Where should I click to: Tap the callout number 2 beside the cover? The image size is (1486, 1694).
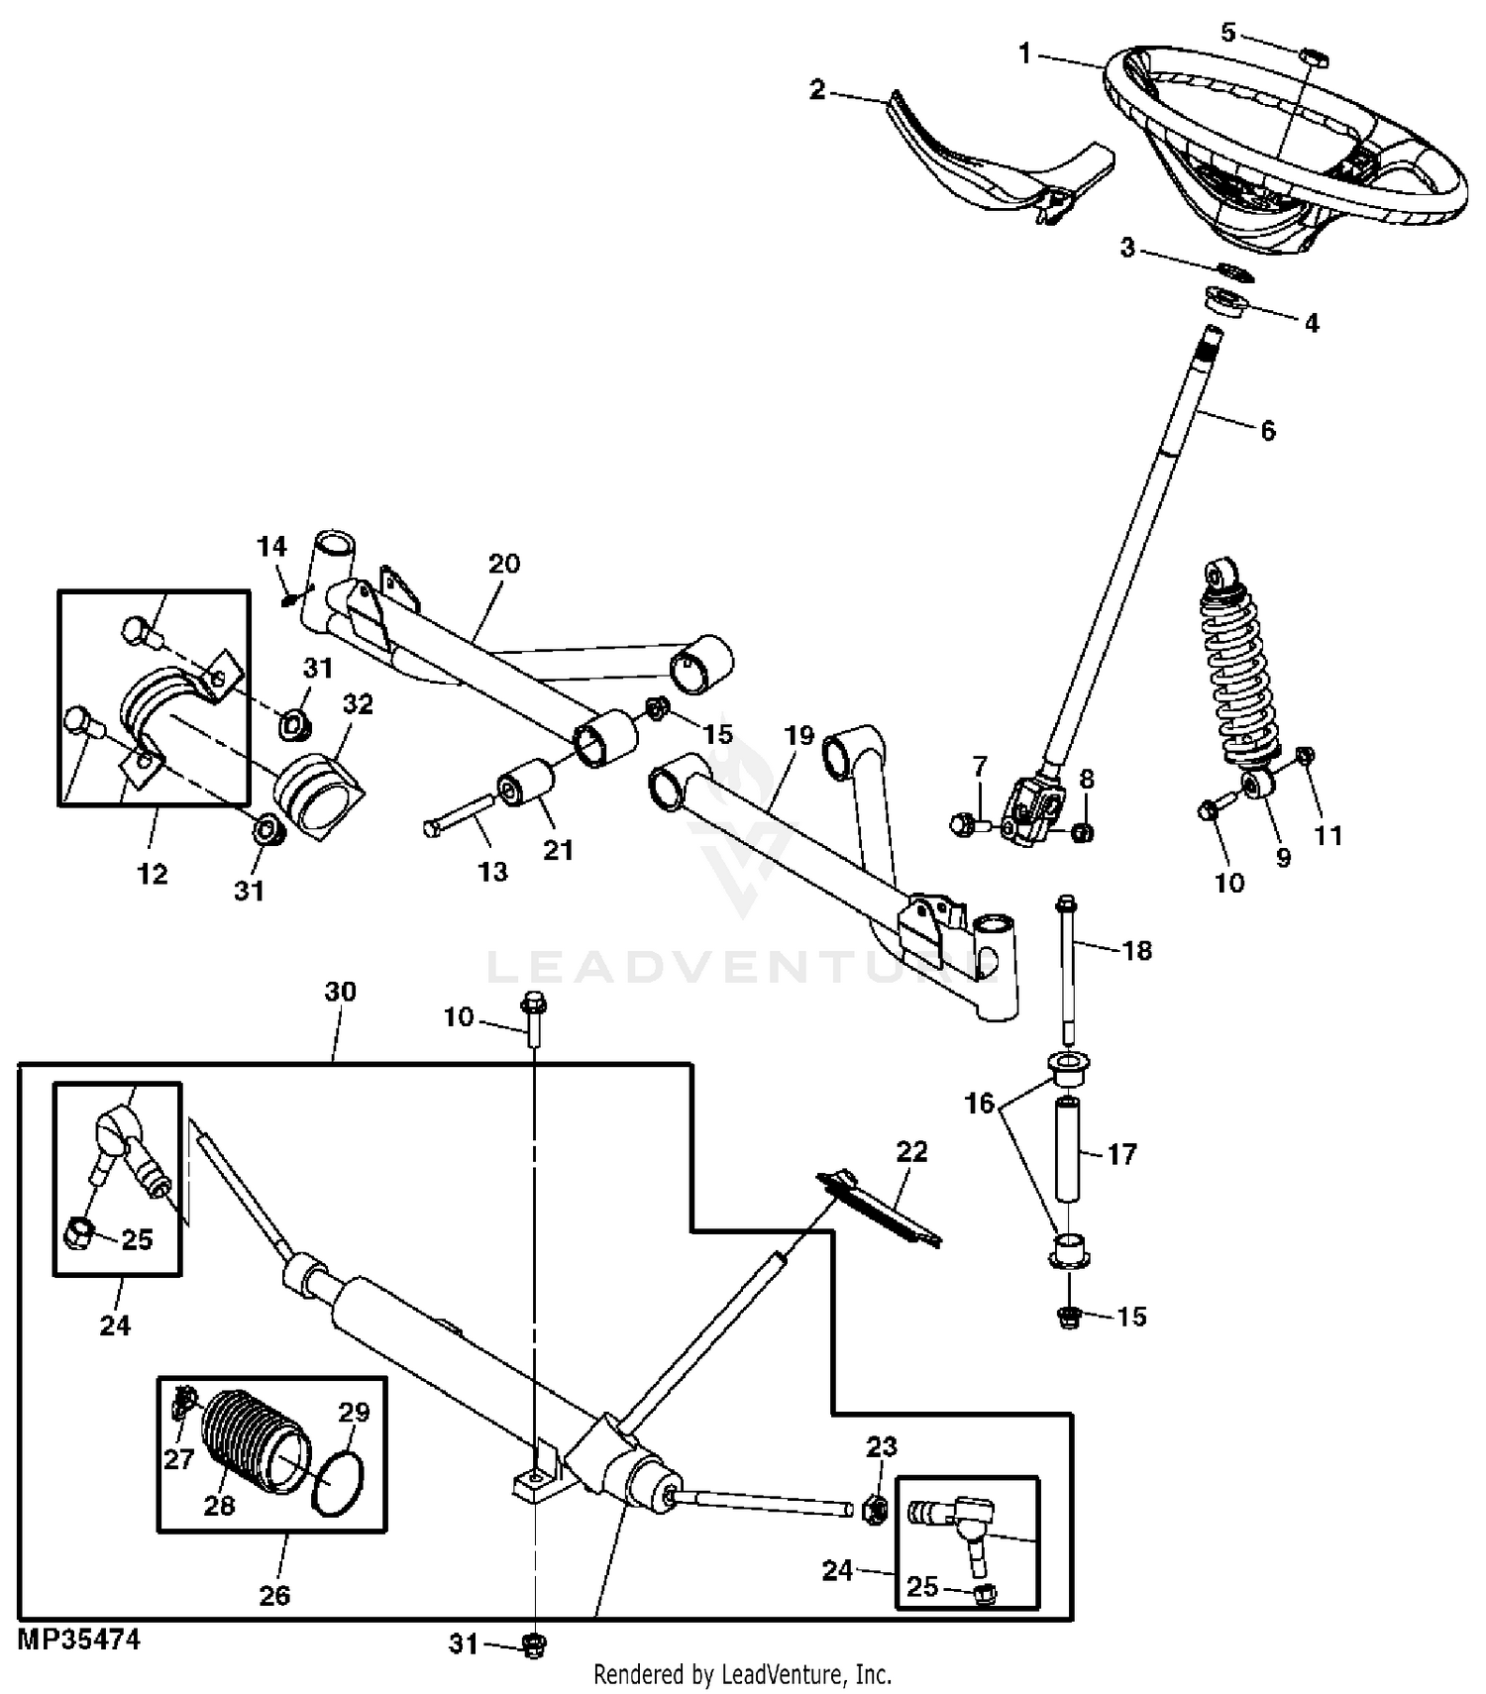pyautogui.click(x=817, y=90)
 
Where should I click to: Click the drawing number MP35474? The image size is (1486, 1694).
pyautogui.click(x=79, y=1639)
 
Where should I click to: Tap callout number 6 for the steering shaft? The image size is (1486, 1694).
pyautogui.click(x=1268, y=430)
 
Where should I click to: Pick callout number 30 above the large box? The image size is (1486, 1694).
pyautogui.click(x=340, y=992)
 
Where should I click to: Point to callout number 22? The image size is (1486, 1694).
pyautogui.click(x=911, y=1151)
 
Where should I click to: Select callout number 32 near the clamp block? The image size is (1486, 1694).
pyautogui.click(x=358, y=703)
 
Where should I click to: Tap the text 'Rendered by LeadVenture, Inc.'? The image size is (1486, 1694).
pyautogui.click(x=742, y=1674)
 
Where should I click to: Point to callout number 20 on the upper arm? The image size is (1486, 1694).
pyautogui.click(x=504, y=564)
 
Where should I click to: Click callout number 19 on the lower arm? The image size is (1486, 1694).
pyautogui.click(x=798, y=736)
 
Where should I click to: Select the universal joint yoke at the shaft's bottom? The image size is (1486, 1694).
pyautogui.click(x=1035, y=810)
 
